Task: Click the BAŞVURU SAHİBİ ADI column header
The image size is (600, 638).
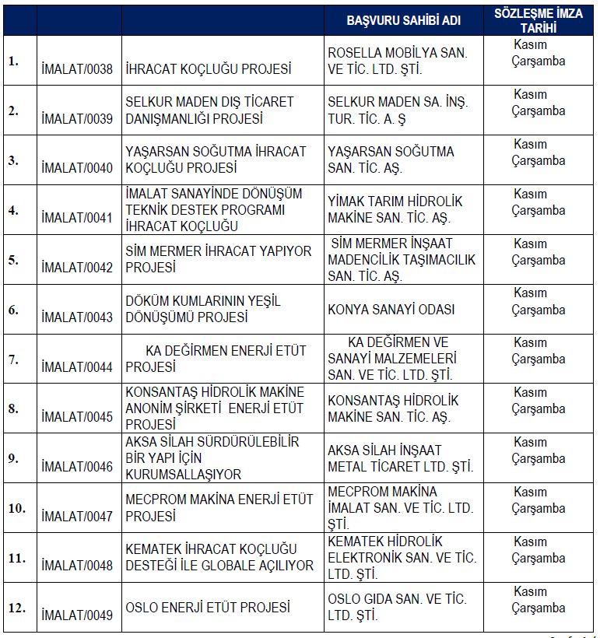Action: (x=402, y=20)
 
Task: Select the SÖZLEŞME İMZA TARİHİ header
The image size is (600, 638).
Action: (x=539, y=20)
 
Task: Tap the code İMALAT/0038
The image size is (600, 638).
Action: (x=77, y=69)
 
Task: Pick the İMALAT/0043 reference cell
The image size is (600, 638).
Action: (x=77, y=317)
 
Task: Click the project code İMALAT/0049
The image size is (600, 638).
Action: (x=77, y=615)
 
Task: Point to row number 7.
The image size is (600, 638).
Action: (x=13, y=359)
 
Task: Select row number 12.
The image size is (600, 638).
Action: (x=16, y=607)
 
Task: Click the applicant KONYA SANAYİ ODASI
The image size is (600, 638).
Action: (x=391, y=310)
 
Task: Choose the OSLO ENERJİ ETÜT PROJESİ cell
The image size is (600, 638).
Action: (x=208, y=607)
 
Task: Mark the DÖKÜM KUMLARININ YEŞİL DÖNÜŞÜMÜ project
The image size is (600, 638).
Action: (x=203, y=309)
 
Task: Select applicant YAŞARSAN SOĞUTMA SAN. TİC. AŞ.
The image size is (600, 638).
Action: (x=391, y=159)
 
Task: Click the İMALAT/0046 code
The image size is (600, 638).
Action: (x=77, y=467)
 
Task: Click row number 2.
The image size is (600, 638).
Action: (x=13, y=110)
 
